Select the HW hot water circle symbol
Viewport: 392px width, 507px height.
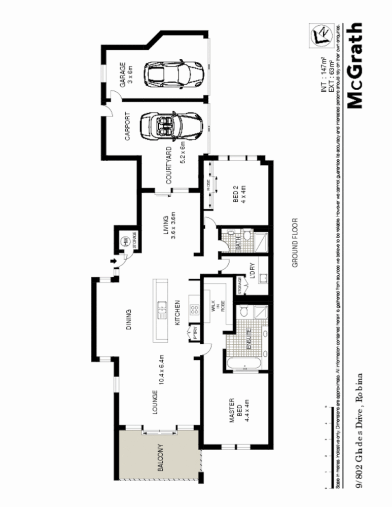(123, 241)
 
